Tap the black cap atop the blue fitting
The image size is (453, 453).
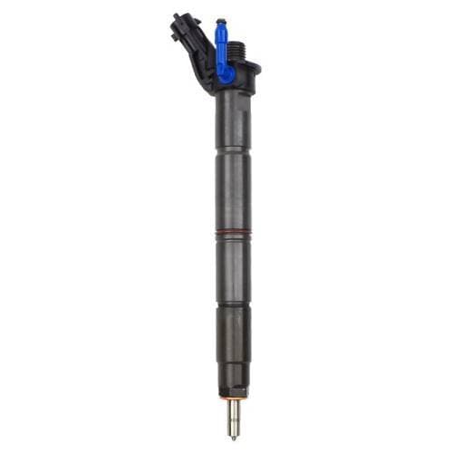point(219,22)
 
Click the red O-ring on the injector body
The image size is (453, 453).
point(233,236)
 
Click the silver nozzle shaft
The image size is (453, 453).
point(234,415)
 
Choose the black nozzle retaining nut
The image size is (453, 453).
point(233,349)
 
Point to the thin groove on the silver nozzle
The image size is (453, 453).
point(234,422)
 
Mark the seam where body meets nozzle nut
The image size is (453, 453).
point(233,306)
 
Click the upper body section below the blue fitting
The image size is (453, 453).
point(233,118)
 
